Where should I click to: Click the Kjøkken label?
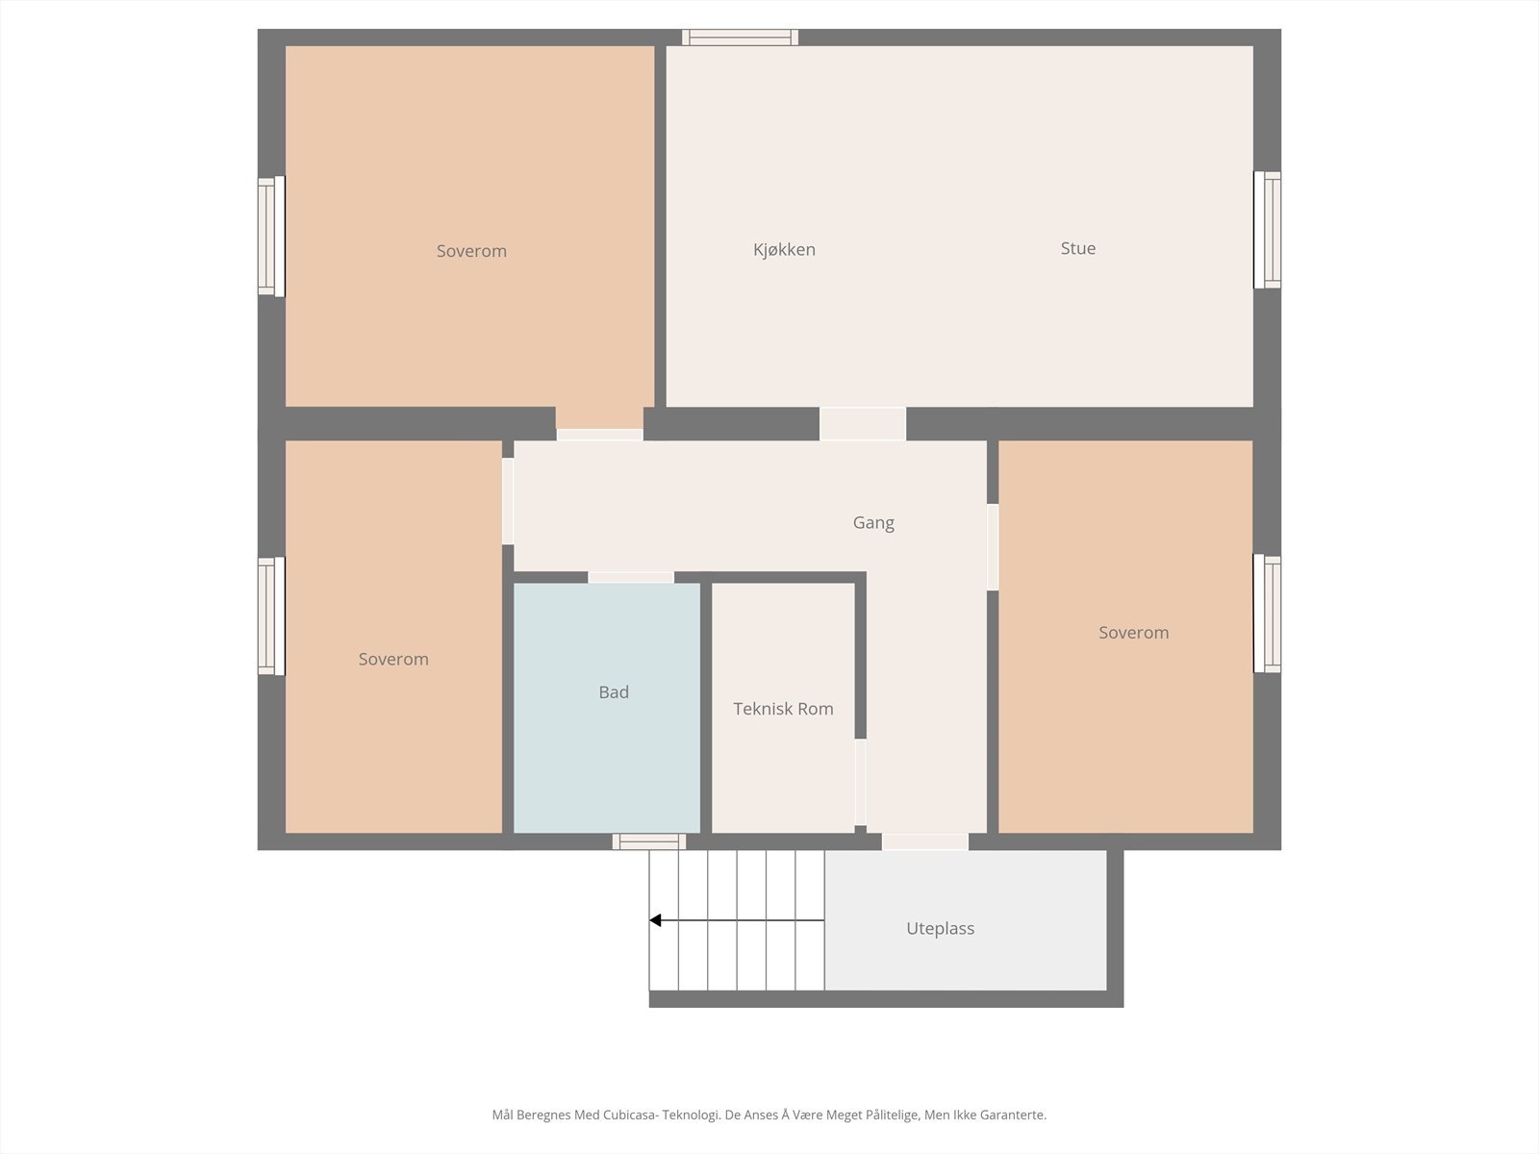tap(784, 250)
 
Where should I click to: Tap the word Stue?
tap(1077, 248)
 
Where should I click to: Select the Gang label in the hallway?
tap(873, 523)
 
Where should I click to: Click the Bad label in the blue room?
tap(614, 692)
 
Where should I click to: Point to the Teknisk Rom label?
tap(783, 709)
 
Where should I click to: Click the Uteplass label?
tap(940, 929)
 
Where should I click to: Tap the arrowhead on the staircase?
tap(656, 920)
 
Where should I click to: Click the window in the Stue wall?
tap(1267, 230)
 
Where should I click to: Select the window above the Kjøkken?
tap(740, 38)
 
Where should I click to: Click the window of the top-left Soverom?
tap(271, 237)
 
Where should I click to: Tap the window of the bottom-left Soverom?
tap(271, 616)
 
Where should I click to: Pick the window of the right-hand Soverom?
tap(1267, 614)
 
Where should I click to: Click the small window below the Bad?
tap(649, 841)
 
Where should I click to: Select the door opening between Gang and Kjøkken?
tap(863, 424)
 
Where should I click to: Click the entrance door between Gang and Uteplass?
tap(924, 841)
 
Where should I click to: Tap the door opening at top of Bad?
tap(631, 577)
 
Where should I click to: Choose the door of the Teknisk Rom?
tap(860, 783)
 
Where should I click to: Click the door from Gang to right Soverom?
tap(993, 547)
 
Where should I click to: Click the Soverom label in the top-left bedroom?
tap(471, 251)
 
